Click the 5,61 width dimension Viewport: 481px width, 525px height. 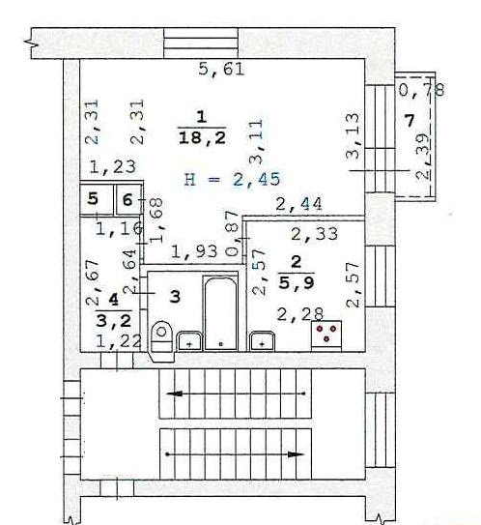tap(221, 70)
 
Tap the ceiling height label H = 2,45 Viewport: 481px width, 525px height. tap(233, 179)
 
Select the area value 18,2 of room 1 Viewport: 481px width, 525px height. tap(202, 138)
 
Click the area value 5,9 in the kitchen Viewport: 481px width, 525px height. tap(297, 282)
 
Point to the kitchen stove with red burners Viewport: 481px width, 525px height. tap(326, 335)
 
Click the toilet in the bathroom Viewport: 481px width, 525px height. tap(162, 341)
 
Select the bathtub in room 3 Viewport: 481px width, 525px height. tap(220, 313)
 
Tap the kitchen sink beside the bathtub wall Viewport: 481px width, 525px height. tap(263, 341)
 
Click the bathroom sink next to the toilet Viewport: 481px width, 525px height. tap(189, 341)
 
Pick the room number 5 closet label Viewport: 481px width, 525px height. tap(93, 199)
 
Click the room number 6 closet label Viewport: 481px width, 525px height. tap(127, 200)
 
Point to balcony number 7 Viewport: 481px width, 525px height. tap(410, 121)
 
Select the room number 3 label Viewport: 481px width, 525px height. tap(175, 297)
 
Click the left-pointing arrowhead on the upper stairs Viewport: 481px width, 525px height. tap(174, 394)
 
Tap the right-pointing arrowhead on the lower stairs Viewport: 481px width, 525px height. tap(296, 454)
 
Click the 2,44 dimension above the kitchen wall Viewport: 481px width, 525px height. tap(299, 204)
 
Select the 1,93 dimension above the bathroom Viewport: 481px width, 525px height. tap(194, 251)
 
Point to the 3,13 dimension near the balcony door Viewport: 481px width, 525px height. tap(353, 135)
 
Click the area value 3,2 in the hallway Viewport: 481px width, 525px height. tap(114, 321)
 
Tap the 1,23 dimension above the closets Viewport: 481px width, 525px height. tap(113, 166)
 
